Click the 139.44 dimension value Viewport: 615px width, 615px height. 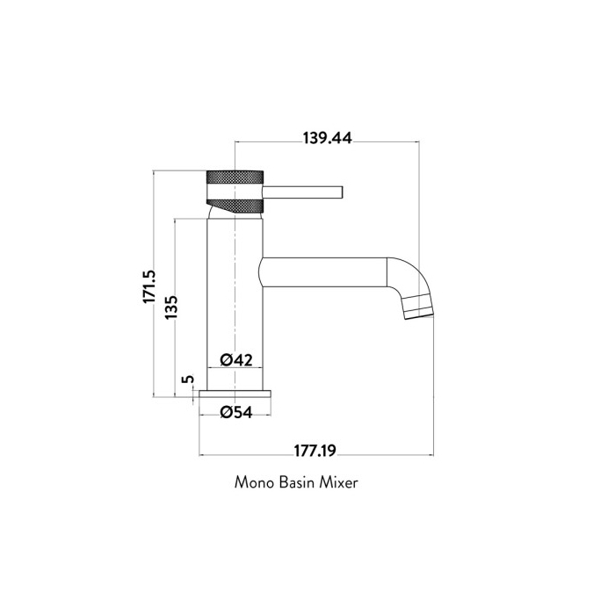(327, 138)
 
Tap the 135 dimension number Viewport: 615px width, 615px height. (172, 309)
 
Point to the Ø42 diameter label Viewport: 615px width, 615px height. (236, 359)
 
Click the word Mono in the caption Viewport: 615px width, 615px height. (254, 483)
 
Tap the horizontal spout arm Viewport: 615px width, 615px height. (325, 271)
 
